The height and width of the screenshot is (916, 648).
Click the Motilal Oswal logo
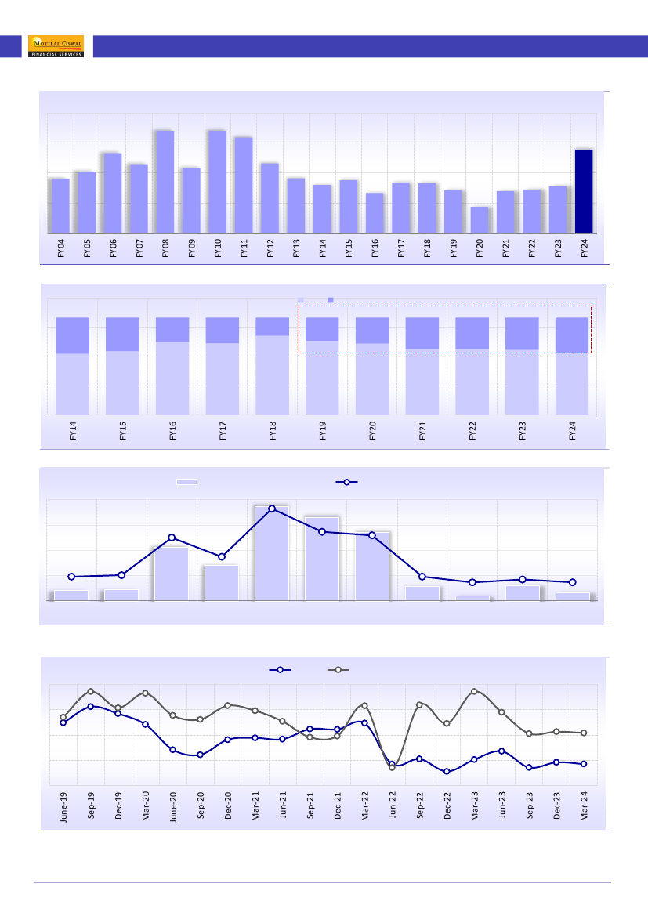point(56,46)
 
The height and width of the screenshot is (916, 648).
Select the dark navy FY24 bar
point(584,191)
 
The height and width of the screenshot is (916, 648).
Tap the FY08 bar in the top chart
point(165,182)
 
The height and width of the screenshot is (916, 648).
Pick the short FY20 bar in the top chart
point(480,220)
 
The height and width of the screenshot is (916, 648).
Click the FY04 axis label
point(61,250)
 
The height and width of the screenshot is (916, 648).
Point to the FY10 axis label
point(218,250)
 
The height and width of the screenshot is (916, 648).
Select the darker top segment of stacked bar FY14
point(72,335)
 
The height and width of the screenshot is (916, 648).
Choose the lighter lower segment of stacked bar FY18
point(273,375)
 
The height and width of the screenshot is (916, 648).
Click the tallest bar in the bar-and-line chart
point(272,553)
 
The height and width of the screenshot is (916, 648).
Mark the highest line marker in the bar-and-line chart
point(272,509)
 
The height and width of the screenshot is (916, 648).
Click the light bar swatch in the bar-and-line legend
point(186,482)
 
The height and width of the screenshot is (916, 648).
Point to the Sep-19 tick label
point(91,805)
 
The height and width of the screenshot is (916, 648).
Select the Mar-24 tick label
point(585,805)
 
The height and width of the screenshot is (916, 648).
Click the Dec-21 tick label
point(338,805)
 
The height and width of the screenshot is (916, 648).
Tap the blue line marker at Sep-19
point(91,706)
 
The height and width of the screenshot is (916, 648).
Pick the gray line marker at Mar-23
point(474,691)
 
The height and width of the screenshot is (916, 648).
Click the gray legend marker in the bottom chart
point(338,670)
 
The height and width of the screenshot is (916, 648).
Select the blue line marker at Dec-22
point(447,772)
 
